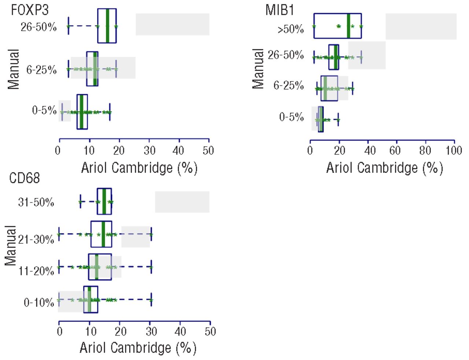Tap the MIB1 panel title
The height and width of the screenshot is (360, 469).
pyautogui.click(x=280, y=10)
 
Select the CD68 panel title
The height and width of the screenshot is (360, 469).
pyautogui.click(x=24, y=178)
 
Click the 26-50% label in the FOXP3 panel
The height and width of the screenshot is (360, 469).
pyautogui.click(x=38, y=27)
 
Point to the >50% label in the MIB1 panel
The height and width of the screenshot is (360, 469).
pyautogui.click(x=291, y=29)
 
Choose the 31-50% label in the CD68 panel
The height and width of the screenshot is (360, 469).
pyautogui.click(x=36, y=202)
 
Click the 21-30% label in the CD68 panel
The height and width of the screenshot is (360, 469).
pyautogui.click(x=36, y=239)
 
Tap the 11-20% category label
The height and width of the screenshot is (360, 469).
pyautogui.click(x=36, y=271)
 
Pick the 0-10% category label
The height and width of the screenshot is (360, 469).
pyautogui.click(x=38, y=302)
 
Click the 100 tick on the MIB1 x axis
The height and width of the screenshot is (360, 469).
pyautogui.click(x=454, y=151)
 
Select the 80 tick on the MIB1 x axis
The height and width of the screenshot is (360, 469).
pyautogui.click(x=425, y=151)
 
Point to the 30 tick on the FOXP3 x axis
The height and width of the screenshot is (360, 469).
pyautogui.click(x=149, y=151)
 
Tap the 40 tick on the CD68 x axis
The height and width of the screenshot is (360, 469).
pyautogui.click(x=180, y=332)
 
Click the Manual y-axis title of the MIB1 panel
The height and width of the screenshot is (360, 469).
pyautogui.click(x=259, y=69)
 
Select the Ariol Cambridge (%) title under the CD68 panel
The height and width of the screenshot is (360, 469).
pyautogui.click(x=138, y=348)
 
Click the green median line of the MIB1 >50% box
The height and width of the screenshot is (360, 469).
pyautogui.click(x=348, y=26)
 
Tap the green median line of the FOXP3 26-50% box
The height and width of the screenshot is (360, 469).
pyautogui.click(x=107, y=26)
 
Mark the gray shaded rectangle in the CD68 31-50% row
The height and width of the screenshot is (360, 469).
pyautogui.click(x=182, y=202)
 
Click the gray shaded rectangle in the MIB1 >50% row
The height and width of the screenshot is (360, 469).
pyautogui.click(x=421, y=26)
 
